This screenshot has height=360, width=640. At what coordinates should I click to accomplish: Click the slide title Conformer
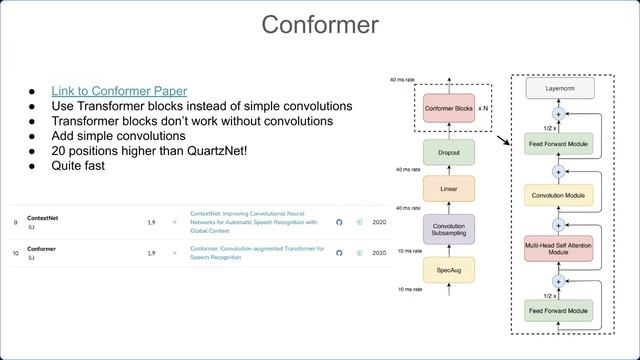(320, 24)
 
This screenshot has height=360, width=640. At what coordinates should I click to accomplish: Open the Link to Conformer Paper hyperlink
(119, 91)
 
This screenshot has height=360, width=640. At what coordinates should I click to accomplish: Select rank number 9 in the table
(16, 222)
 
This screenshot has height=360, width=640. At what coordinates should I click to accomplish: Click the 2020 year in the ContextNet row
(379, 222)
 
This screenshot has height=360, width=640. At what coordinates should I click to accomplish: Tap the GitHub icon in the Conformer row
(338, 253)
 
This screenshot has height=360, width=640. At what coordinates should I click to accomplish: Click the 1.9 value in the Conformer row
(151, 253)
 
